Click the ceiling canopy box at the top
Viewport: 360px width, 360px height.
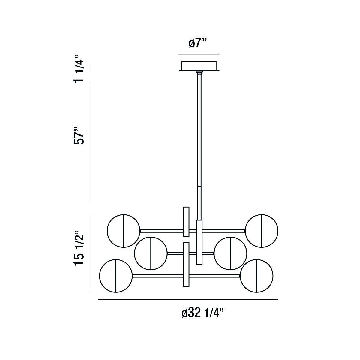pos(199,66)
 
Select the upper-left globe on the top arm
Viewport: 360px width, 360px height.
pos(123,231)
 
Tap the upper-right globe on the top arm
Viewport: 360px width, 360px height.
pos(262,231)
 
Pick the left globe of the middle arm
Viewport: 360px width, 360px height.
pos(151,253)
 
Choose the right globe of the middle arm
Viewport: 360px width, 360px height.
pos(230,253)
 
